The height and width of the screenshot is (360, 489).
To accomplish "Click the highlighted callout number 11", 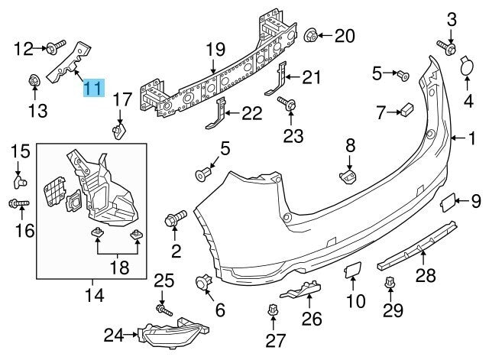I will point(93,89).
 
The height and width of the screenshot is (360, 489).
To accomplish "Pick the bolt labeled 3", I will point(445,48).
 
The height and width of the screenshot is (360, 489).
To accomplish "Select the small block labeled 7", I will point(406,112).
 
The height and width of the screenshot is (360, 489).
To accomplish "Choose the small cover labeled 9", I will point(445,203).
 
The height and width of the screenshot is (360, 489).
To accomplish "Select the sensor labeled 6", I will point(205,284).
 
